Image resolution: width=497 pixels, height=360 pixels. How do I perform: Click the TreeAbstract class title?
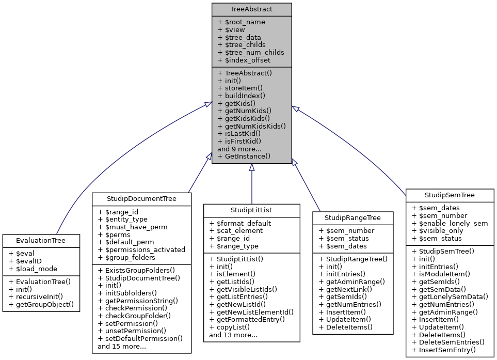[251, 9]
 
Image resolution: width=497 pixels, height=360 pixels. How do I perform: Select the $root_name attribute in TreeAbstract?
[241, 22]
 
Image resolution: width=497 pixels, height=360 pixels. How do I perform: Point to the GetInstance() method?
[244, 156]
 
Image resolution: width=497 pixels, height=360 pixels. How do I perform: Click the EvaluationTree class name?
[41, 240]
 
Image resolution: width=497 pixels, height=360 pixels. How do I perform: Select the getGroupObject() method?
[41, 305]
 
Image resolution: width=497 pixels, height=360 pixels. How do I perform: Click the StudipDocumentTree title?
[141, 198]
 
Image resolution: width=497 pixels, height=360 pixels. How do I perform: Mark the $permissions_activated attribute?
[141, 249]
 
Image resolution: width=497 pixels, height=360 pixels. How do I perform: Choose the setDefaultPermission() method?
[140, 339]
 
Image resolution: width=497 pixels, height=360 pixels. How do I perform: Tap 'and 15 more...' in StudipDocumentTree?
[122, 346]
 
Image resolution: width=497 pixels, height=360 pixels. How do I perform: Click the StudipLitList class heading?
[251, 210]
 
